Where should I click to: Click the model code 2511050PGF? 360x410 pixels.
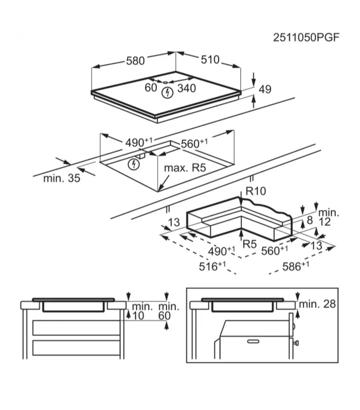click(306, 38)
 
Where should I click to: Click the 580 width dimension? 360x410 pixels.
click(135, 61)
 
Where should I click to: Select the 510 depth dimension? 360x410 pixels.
click(210, 60)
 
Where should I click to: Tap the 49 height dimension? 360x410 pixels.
click(265, 90)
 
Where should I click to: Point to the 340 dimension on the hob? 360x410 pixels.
click(187, 88)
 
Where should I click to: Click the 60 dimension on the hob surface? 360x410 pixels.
click(151, 88)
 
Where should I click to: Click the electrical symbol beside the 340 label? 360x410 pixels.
click(168, 93)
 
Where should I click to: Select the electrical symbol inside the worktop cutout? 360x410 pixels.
click(134, 164)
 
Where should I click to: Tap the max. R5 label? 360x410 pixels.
click(185, 168)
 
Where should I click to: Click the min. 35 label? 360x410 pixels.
click(62, 179)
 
